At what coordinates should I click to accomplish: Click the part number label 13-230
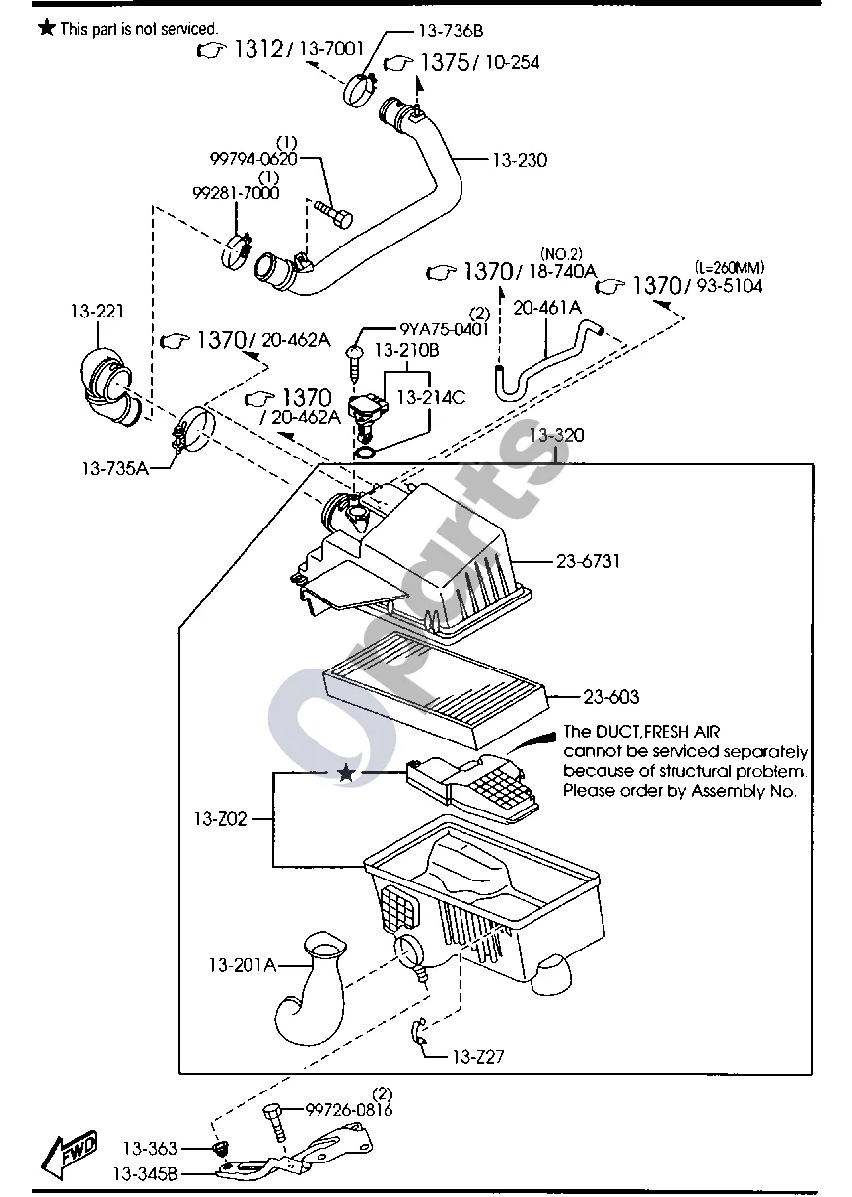pyautogui.click(x=520, y=160)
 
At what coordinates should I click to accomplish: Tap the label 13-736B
pyautogui.click(x=451, y=31)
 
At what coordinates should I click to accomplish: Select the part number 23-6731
pyautogui.click(x=588, y=561)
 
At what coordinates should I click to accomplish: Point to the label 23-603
pyautogui.click(x=611, y=697)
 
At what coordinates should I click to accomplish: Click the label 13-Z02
pyautogui.click(x=220, y=818)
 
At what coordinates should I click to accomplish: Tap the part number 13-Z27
pyautogui.click(x=478, y=1056)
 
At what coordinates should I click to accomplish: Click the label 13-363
pyautogui.click(x=150, y=1148)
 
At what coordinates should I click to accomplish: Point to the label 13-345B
pyautogui.click(x=145, y=1174)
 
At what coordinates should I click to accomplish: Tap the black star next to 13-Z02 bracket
pyautogui.click(x=346, y=772)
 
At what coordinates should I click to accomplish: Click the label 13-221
pyautogui.click(x=97, y=311)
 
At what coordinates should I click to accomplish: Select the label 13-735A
pyautogui.click(x=115, y=468)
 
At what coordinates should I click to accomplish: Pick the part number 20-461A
pyautogui.click(x=546, y=308)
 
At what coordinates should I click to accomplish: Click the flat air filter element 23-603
pyautogui.click(x=436, y=690)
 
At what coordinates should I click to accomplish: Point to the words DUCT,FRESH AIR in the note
pyautogui.click(x=658, y=731)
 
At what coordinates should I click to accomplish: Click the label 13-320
pyautogui.click(x=556, y=435)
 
